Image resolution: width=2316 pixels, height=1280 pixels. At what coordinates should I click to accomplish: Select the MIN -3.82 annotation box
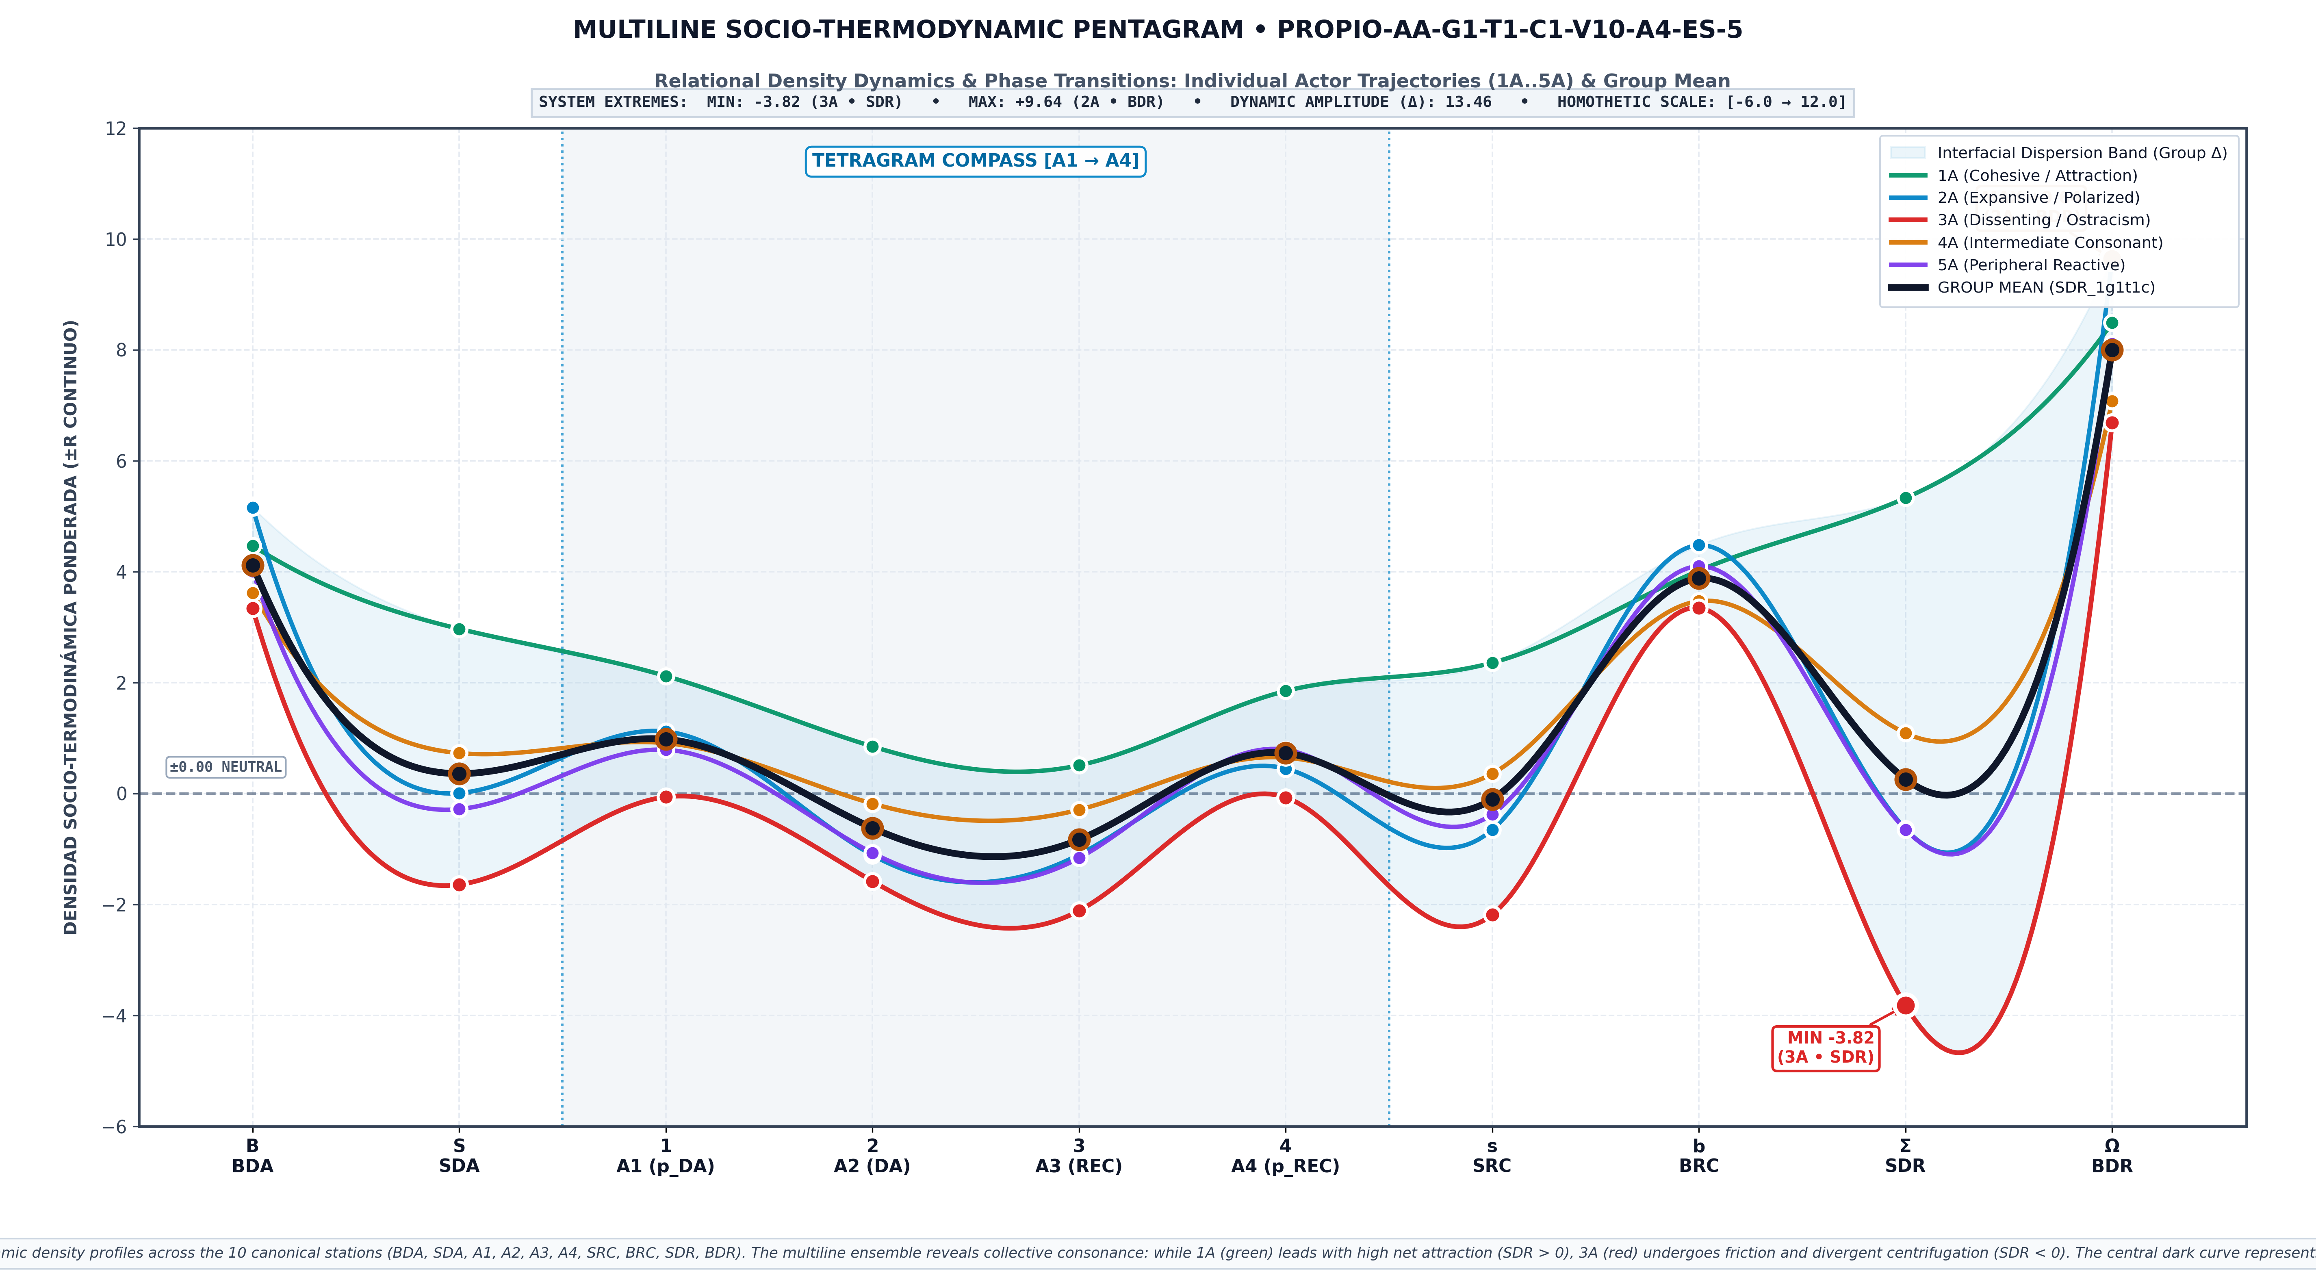[x=1825, y=1047]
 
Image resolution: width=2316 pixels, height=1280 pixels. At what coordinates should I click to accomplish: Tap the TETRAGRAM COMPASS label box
[x=976, y=161]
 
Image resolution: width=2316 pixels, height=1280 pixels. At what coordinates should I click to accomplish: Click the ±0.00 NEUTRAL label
[x=226, y=767]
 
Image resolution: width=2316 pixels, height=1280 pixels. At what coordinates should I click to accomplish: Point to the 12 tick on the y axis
[x=116, y=128]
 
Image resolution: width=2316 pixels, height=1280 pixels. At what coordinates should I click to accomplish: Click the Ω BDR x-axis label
[x=2112, y=1156]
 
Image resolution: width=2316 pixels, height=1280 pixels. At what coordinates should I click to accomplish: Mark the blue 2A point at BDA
[x=253, y=508]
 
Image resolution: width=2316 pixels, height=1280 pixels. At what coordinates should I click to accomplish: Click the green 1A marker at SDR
[x=1905, y=498]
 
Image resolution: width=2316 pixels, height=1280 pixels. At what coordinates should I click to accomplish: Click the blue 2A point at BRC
[x=1698, y=545]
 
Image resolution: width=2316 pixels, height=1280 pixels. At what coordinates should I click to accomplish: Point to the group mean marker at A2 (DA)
[x=872, y=828]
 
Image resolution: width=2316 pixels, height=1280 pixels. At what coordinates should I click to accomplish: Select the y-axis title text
[x=71, y=627]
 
